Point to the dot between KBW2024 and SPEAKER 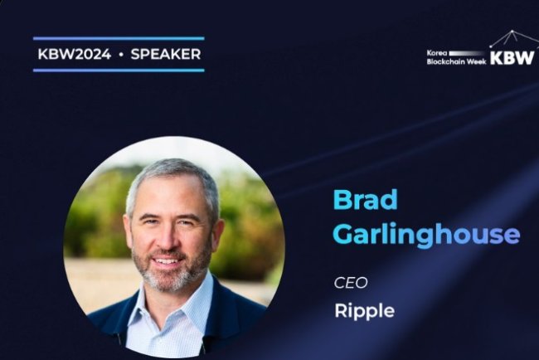coord(119,55)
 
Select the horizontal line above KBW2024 coord(118,38)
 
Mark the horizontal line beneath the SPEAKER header coord(118,71)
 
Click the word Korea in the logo coord(436,52)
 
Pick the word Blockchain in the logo coord(445,61)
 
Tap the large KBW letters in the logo coord(512,58)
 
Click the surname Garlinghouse coord(425,234)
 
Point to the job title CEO coord(351,283)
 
